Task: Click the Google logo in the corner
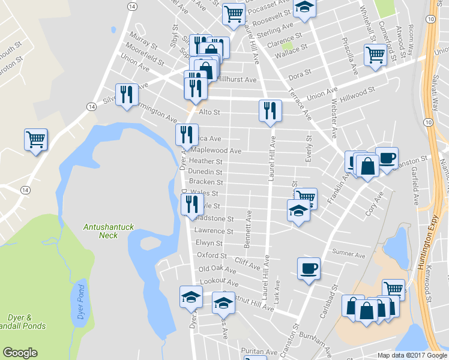coord(20,353)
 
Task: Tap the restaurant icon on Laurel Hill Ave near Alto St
coord(270,110)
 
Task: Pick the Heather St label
coord(206,161)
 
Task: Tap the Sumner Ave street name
coord(349,254)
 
